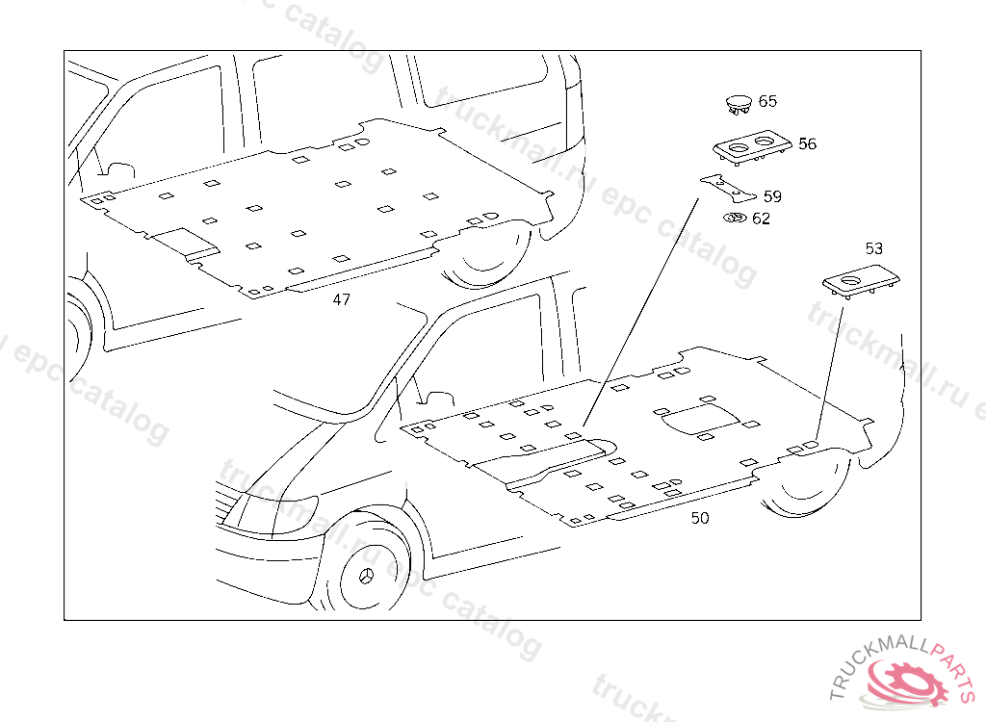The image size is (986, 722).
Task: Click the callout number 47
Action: click(x=342, y=300)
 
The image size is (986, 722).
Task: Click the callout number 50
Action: click(x=700, y=518)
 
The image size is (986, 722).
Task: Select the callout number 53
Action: click(x=874, y=249)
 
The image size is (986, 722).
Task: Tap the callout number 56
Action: click(x=808, y=144)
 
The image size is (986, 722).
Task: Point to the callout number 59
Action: click(x=772, y=196)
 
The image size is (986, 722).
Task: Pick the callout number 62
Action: click(x=761, y=219)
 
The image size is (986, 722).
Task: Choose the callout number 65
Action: click(x=767, y=101)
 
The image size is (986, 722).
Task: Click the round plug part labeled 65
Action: click(x=739, y=104)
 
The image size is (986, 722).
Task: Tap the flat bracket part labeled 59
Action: click(x=729, y=190)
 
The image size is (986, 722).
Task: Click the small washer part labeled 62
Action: click(x=735, y=219)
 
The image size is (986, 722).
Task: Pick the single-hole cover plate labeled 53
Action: click(x=861, y=280)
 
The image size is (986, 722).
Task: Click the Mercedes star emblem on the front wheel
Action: click(x=366, y=576)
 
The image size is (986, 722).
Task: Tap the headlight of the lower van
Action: click(x=272, y=513)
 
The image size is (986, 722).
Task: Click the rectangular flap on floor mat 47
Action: click(x=187, y=244)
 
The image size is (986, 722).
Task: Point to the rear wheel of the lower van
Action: click(x=805, y=481)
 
